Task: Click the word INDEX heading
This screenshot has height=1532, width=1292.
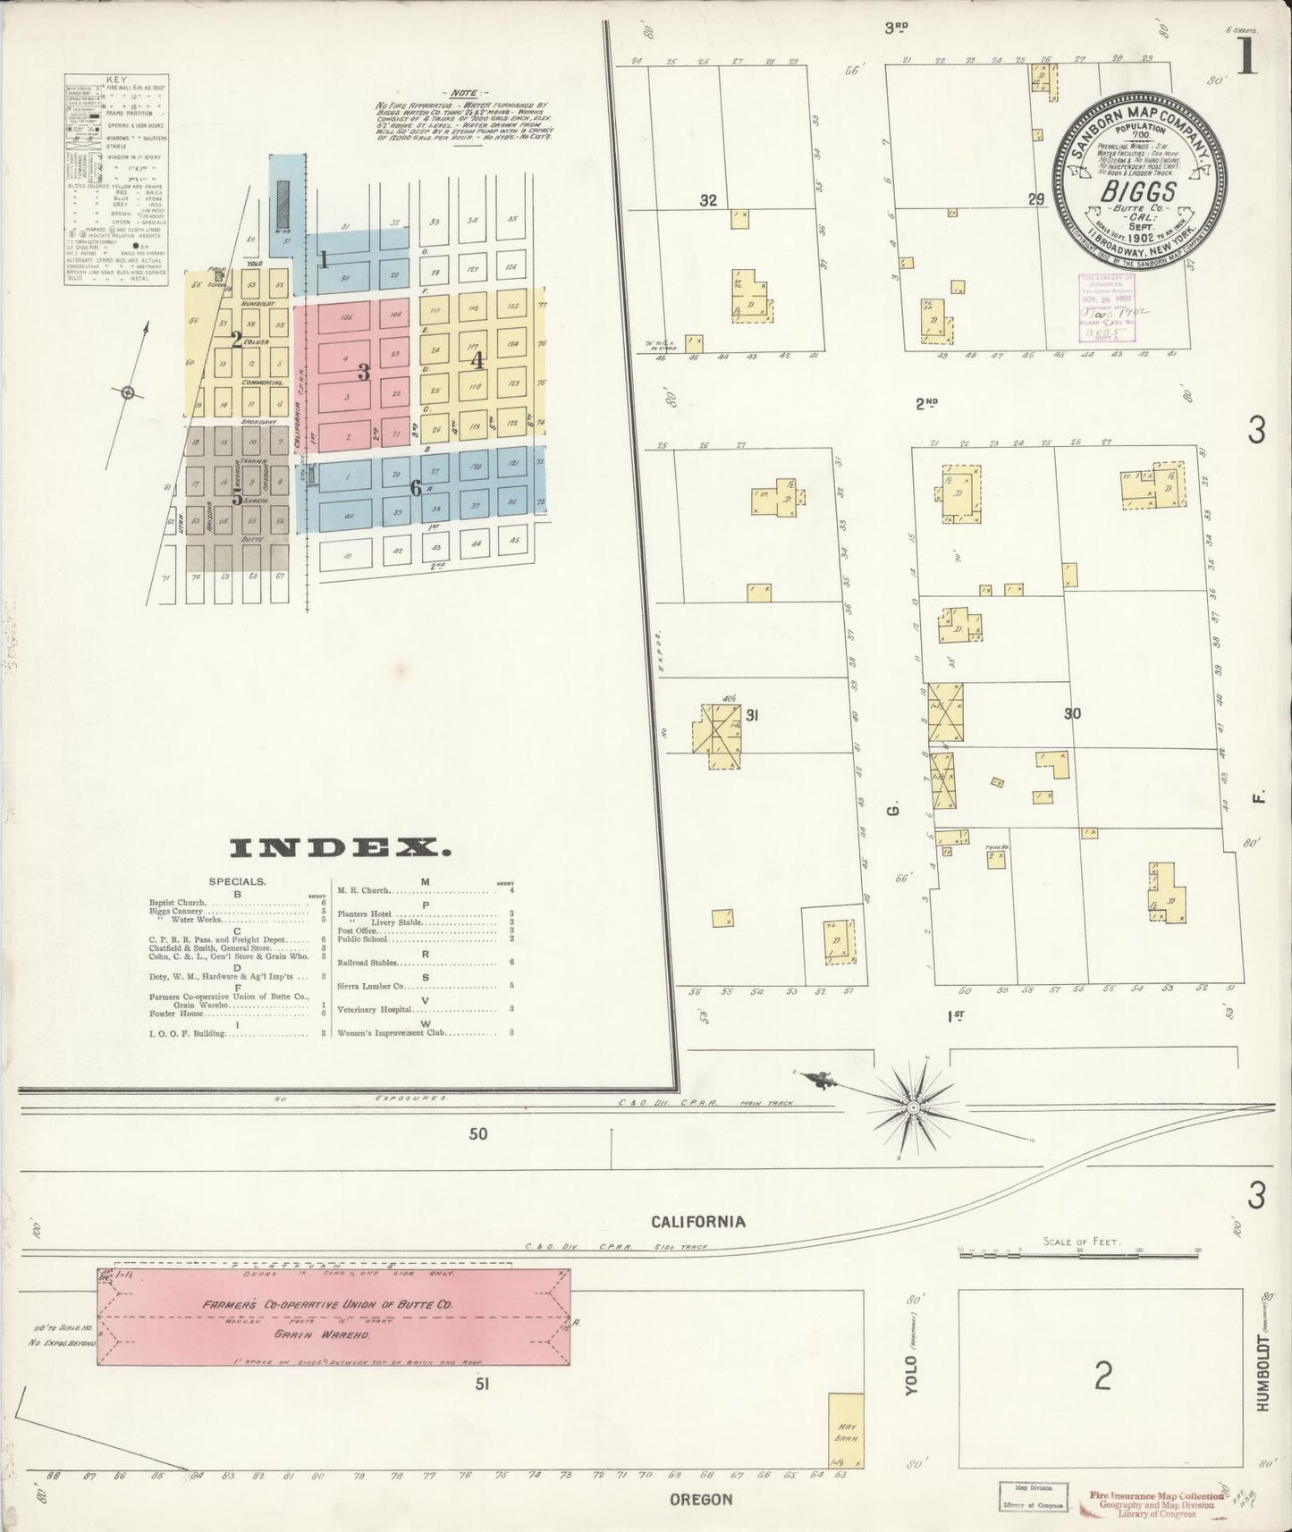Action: pos(340,847)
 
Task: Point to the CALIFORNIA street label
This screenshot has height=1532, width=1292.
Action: pos(697,1222)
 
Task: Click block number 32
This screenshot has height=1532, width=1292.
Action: pos(708,201)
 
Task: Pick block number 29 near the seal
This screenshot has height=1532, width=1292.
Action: pos(1036,199)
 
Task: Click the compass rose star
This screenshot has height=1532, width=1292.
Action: pos(914,1108)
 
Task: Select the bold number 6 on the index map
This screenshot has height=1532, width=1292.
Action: pos(415,488)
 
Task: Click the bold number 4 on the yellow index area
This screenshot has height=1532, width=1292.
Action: pos(477,360)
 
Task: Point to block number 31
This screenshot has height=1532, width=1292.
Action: pos(752,715)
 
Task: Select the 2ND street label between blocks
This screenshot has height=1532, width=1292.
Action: pos(926,403)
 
